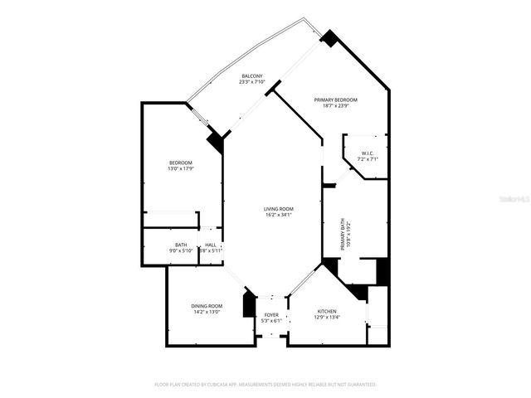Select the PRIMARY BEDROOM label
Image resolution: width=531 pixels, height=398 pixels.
click(x=336, y=99)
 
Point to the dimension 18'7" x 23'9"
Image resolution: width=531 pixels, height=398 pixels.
click(x=336, y=106)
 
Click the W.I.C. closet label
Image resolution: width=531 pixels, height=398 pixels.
click(x=368, y=153)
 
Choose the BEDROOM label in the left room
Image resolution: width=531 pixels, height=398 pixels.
click(x=181, y=163)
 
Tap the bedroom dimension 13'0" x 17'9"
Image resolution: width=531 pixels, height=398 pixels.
click(x=181, y=169)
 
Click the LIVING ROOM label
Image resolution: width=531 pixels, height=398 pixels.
click(x=279, y=209)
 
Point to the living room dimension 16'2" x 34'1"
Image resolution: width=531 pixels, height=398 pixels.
click(x=279, y=216)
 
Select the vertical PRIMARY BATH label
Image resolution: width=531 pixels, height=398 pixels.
click(x=343, y=233)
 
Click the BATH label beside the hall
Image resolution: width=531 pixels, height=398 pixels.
click(x=181, y=245)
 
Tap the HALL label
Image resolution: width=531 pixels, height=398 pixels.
click(x=211, y=245)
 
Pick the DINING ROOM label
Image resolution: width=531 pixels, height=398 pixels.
click(x=208, y=306)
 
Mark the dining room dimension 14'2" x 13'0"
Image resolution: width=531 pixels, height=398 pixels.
click(x=208, y=313)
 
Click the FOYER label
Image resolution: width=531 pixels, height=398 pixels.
click(x=271, y=315)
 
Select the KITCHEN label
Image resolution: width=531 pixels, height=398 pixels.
click(x=327, y=311)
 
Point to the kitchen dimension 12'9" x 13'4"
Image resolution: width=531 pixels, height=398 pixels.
click(x=327, y=318)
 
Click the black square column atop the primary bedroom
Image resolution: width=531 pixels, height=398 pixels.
click(x=329, y=38)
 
